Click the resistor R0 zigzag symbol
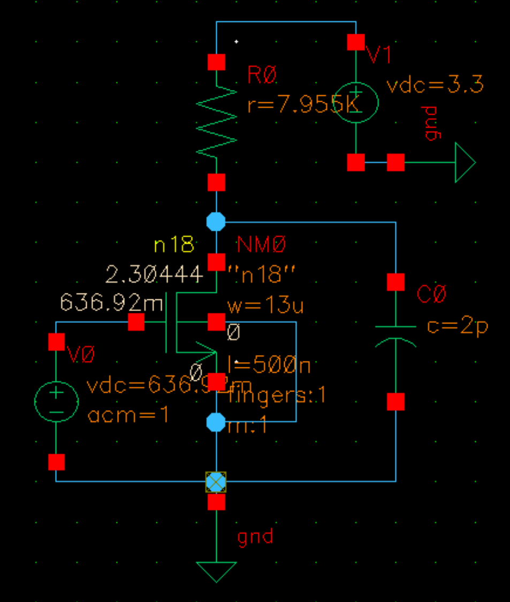point(216,122)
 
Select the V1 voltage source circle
point(356,102)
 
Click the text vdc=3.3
point(435,85)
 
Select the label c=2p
point(458,326)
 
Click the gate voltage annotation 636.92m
point(111,303)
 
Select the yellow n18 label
point(173,245)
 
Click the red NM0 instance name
point(262,245)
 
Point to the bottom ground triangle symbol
point(216,571)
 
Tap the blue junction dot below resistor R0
point(216,221)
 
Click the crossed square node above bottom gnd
point(216,481)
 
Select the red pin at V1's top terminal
point(356,42)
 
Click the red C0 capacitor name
point(431,295)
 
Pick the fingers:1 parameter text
point(277,396)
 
